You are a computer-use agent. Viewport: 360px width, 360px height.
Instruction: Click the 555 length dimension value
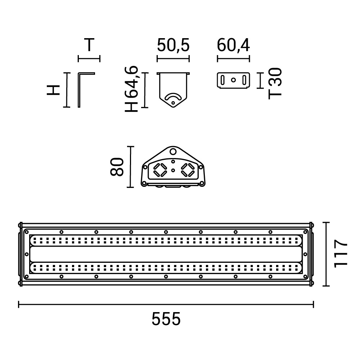click(166, 319)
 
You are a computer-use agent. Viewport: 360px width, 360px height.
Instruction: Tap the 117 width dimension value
click(341, 254)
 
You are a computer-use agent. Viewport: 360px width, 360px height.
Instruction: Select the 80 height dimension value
click(117, 167)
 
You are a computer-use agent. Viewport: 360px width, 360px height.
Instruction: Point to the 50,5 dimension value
click(174, 45)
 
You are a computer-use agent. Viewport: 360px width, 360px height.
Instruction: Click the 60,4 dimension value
click(233, 45)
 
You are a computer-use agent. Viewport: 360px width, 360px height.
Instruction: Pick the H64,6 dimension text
click(131, 89)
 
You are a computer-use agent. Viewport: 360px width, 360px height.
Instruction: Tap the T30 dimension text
click(275, 84)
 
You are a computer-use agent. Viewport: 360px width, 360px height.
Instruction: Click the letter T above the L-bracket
click(89, 45)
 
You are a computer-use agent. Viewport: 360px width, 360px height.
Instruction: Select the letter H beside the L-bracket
click(53, 90)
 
